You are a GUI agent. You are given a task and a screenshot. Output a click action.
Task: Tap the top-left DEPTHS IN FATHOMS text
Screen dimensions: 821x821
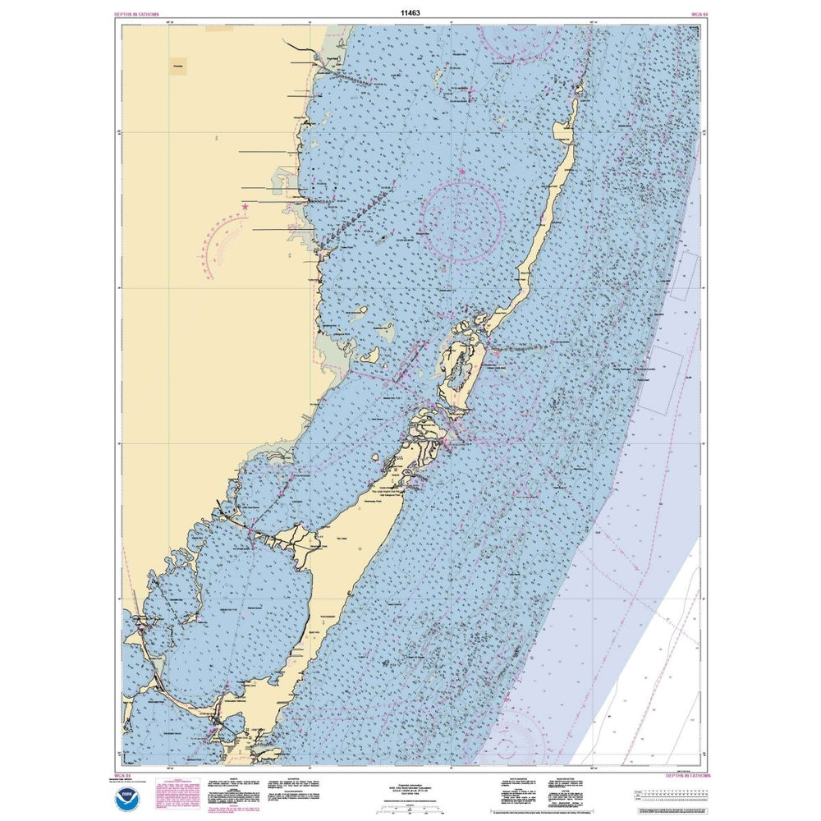[x=140, y=15]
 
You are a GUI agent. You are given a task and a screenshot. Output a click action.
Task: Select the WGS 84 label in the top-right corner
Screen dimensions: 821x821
[x=700, y=15]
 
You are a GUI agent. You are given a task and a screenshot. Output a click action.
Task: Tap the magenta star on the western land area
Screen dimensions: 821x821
[x=245, y=207]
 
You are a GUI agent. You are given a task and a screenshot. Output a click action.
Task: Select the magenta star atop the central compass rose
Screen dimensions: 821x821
[x=461, y=172]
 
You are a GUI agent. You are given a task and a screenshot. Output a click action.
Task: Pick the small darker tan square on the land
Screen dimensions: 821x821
[x=178, y=66]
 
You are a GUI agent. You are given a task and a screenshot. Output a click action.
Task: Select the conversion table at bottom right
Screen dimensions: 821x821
[x=674, y=794]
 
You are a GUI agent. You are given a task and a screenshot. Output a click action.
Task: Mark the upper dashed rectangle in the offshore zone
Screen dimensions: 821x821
[x=683, y=273]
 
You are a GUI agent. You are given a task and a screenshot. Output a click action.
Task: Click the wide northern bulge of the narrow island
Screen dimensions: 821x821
[x=565, y=129]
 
